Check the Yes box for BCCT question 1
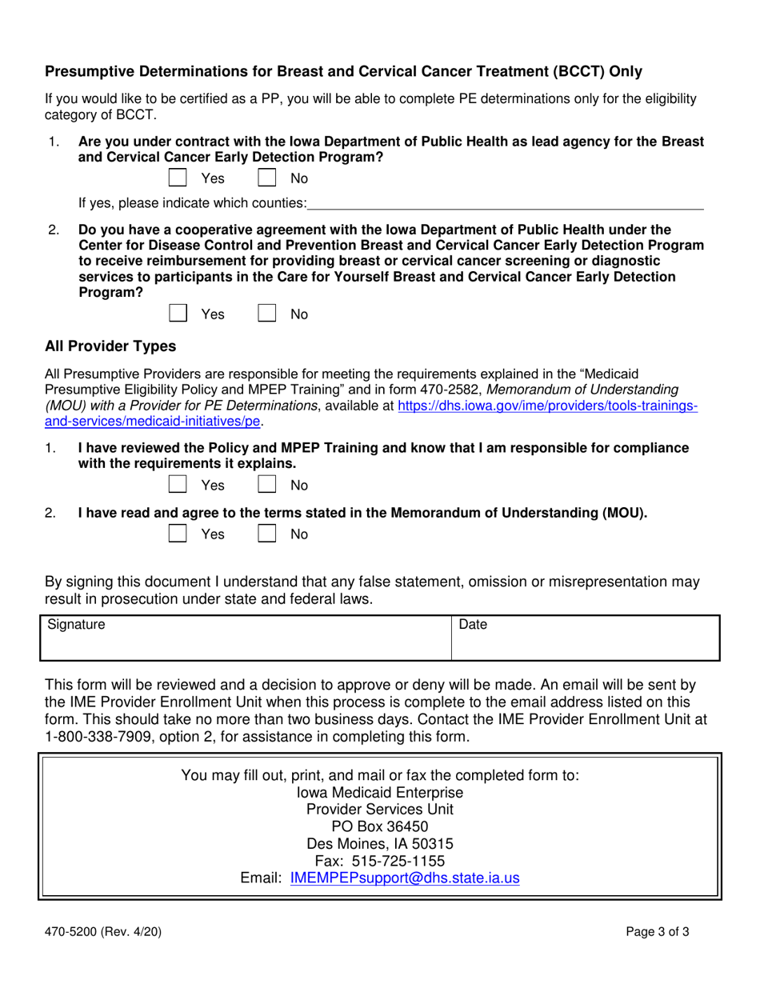(x=178, y=178)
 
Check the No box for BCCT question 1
(x=266, y=178)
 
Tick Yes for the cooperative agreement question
(x=178, y=314)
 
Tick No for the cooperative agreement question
(x=266, y=314)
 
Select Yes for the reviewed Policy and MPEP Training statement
(x=178, y=485)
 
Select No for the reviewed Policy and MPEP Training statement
(x=266, y=485)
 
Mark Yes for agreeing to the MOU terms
(x=178, y=534)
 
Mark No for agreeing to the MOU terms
(x=266, y=534)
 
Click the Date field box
(x=586, y=638)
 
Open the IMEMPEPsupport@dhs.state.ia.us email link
(x=405, y=878)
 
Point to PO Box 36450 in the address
(x=380, y=826)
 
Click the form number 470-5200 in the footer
(x=74, y=931)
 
